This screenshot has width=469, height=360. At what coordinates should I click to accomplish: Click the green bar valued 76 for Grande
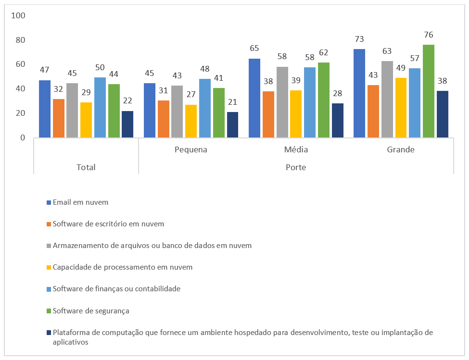click(428, 91)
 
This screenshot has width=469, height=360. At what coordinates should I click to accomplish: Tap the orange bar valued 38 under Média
click(268, 114)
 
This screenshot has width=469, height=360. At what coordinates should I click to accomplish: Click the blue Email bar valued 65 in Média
click(254, 98)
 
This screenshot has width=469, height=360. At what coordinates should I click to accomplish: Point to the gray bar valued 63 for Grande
click(387, 99)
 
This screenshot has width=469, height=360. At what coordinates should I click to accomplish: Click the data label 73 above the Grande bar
click(359, 39)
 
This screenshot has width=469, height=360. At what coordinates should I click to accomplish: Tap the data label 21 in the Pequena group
click(233, 102)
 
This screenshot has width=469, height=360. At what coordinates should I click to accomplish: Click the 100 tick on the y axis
click(18, 15)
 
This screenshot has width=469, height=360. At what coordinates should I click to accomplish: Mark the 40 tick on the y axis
click(20, 89)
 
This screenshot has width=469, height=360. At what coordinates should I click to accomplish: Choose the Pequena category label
click(191, 149)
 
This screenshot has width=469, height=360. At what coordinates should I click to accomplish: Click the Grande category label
click(401, 149)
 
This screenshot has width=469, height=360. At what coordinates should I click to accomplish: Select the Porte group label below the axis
click(296, 167)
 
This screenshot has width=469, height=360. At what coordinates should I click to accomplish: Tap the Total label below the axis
click(86, 167)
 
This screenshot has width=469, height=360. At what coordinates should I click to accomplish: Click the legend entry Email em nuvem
click(80, 202)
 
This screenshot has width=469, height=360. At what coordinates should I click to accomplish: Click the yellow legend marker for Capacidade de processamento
click(49, 267)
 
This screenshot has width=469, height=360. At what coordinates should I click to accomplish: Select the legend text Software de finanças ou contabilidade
click(116, 289)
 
